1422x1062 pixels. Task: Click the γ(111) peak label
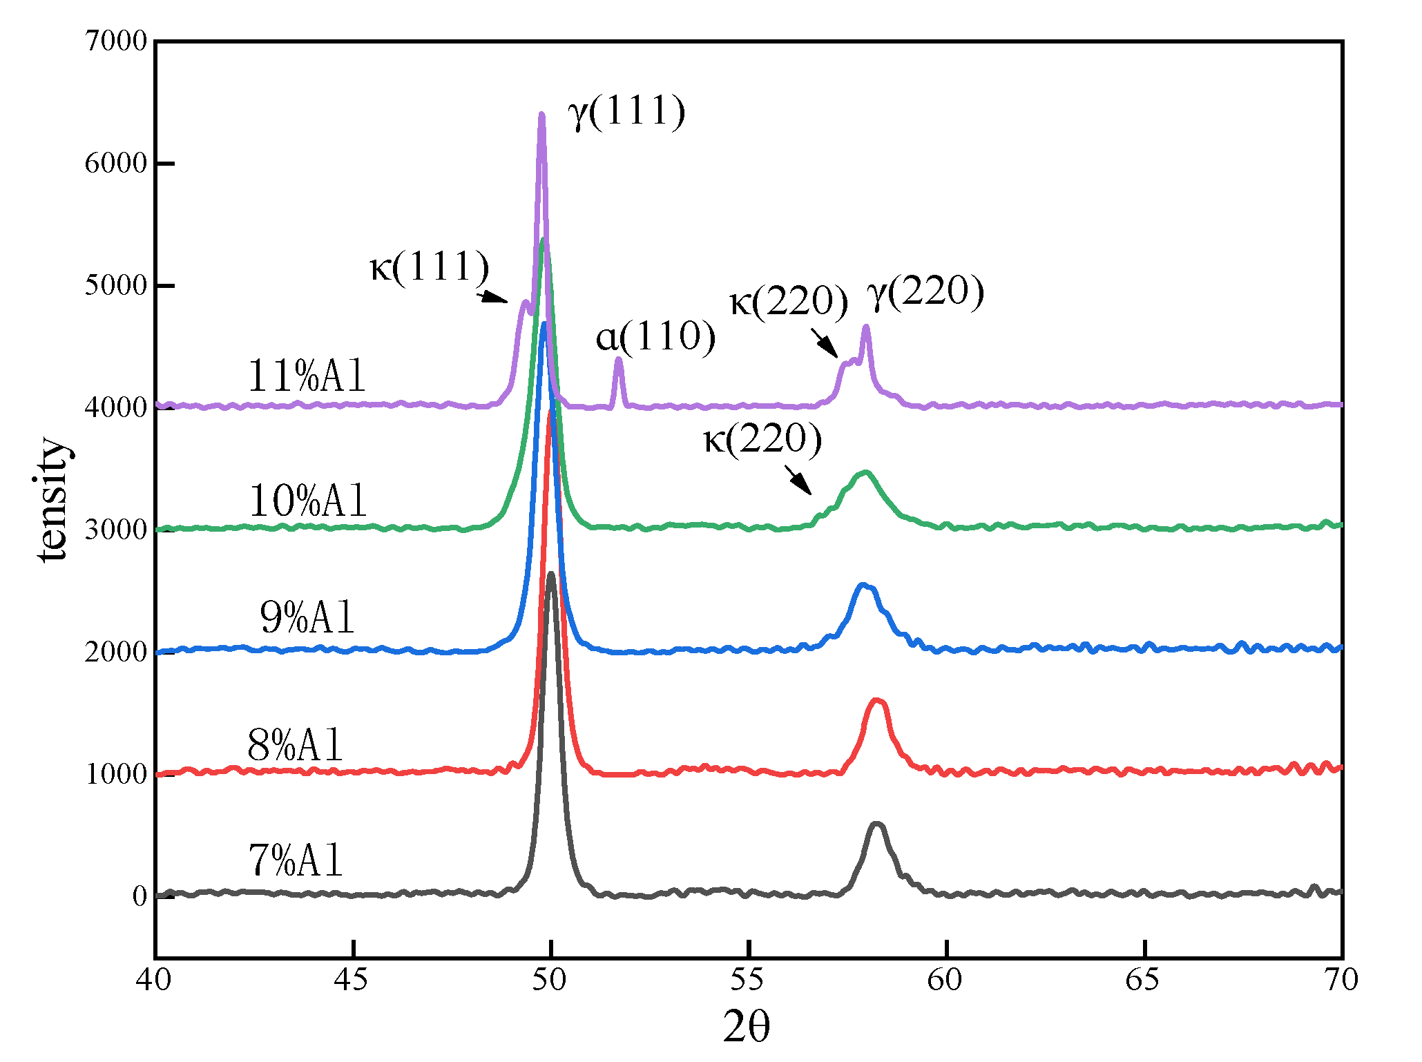coord(626,112)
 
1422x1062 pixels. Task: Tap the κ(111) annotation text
coord(430,267)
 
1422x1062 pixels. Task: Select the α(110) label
coord(655,337)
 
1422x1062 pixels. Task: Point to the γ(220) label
coord(925,291)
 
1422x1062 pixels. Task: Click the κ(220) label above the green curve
coord(762,439)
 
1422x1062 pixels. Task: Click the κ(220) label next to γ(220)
coord(789,302)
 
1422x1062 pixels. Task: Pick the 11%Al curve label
coord(306,376)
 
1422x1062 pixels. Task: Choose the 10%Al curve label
coord(307,501)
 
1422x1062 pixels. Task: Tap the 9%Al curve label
coord(307,617)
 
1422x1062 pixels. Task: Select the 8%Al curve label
coord(295,746)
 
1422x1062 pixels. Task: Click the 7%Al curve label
coord(296,861)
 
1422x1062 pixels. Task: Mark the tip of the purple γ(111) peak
coord(541,115)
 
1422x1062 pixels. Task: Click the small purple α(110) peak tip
coord(619,359)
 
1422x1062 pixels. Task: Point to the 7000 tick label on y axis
coord(116,41)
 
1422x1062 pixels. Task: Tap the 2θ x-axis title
coord(747,1027)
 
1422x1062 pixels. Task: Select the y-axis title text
coord(54,500)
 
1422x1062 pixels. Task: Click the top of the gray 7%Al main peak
coord(550,575)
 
